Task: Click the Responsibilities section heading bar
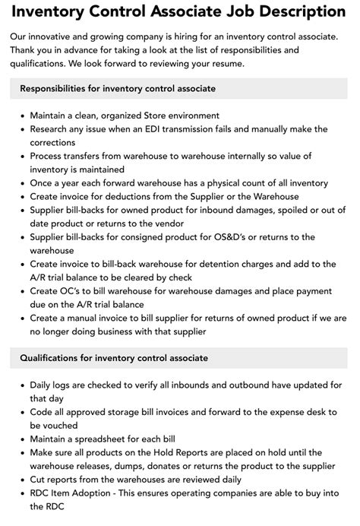[180, 89]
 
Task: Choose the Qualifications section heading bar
[180, 358]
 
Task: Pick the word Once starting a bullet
[43, 183]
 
